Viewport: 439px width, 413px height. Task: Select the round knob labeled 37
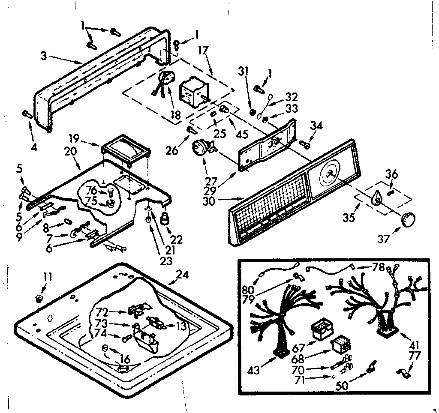409,218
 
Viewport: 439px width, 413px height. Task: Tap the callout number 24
182,275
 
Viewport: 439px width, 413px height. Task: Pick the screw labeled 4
26,114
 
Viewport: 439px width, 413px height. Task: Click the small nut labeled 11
39,297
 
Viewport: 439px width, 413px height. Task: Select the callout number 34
316,126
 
